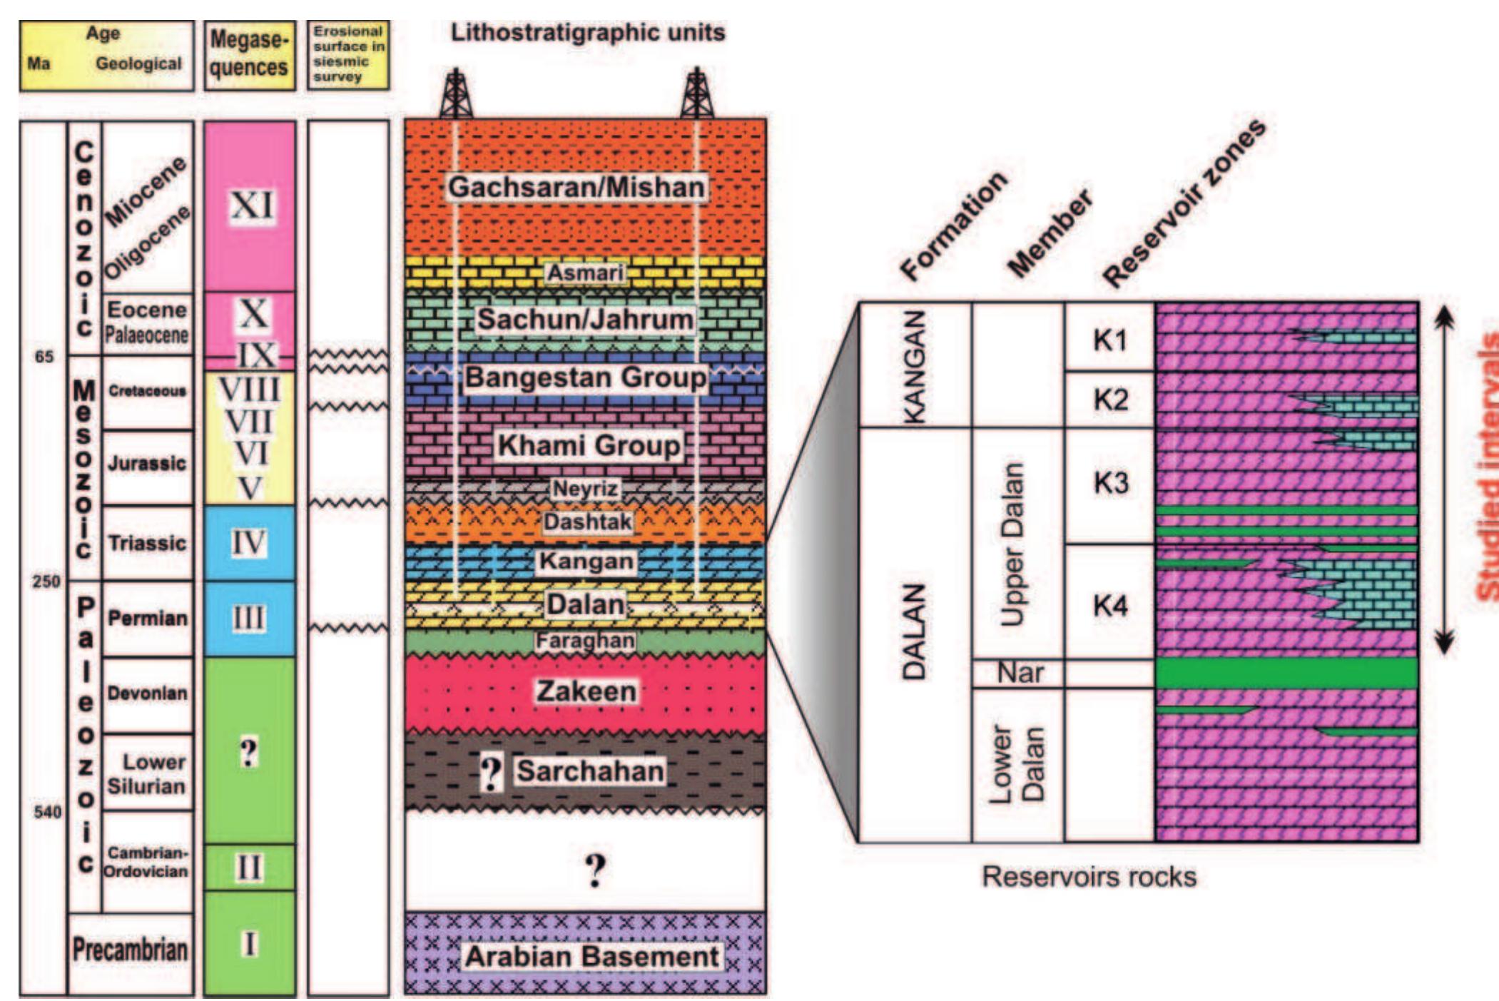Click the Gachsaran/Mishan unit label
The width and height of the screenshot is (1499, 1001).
pyautogui.click(x=576, y=188)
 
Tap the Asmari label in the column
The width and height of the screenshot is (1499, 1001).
pyautogui.click(x=585, y=273)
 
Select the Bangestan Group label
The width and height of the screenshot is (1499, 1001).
pyautogui.click(x=586, y=377)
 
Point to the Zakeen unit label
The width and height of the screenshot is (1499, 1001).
pyautogui.click(x=586, y=691)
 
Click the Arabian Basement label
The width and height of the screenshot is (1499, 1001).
pyautogui.click(x=591, y=957)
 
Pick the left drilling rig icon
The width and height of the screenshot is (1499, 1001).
pyautogui.click(x=456, y=93)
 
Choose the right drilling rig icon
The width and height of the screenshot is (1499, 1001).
pyautogui.click(x=696, y=93)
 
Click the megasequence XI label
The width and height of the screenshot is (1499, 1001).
pyautogui.click(x=251, y=206)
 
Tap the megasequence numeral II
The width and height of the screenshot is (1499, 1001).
pyautogui.click(x=248, y=868)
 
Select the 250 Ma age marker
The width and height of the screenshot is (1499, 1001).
pyautogui.click(x=46, y=581)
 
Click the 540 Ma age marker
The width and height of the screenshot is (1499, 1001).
pyautogui.click(x=47, y=811)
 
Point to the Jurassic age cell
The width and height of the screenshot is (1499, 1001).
pyautogui.click(x=147, y=464)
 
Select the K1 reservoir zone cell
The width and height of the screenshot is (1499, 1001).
pyautogui.click(x=1109, y=341)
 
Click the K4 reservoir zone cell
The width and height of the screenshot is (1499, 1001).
pyautogui.click(x=1109, y=606)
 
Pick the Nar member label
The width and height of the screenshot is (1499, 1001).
pyautogui.click(x=1020, y=673)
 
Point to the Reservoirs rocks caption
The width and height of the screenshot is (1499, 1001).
pyautogui.click(x=1089, y=876)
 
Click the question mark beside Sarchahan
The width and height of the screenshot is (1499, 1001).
pyautogui.click(x=491, y=773)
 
